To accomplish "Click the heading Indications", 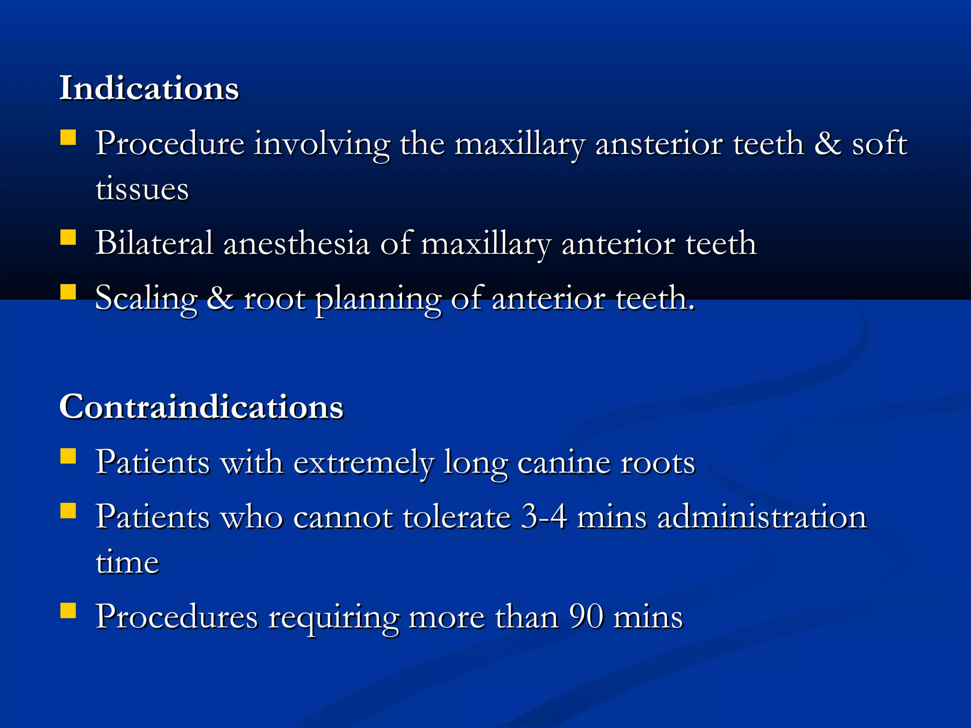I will tap(149, 88).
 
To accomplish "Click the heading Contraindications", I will tap(201, 407).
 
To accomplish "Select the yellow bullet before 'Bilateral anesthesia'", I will tap(68, 237).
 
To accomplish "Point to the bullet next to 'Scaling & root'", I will tap(68, 292).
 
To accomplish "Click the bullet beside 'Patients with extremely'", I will tap(68, 456).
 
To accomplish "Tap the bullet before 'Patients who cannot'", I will tap(68, 510).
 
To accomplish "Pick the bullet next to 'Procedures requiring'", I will tap(68, 611).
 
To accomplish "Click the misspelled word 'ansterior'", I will tap(659, 144).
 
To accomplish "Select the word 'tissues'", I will tap(142, 189).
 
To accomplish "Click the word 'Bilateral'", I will tap(154, 243).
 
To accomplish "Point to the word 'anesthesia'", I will tap(296, 243).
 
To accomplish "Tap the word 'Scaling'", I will tap(146, 299).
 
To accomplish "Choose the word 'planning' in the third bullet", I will tap(378, 299).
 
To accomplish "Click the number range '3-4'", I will tap(544, 516).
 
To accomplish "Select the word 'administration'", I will tap(762, 516).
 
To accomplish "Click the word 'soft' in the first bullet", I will tap(879, 144).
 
